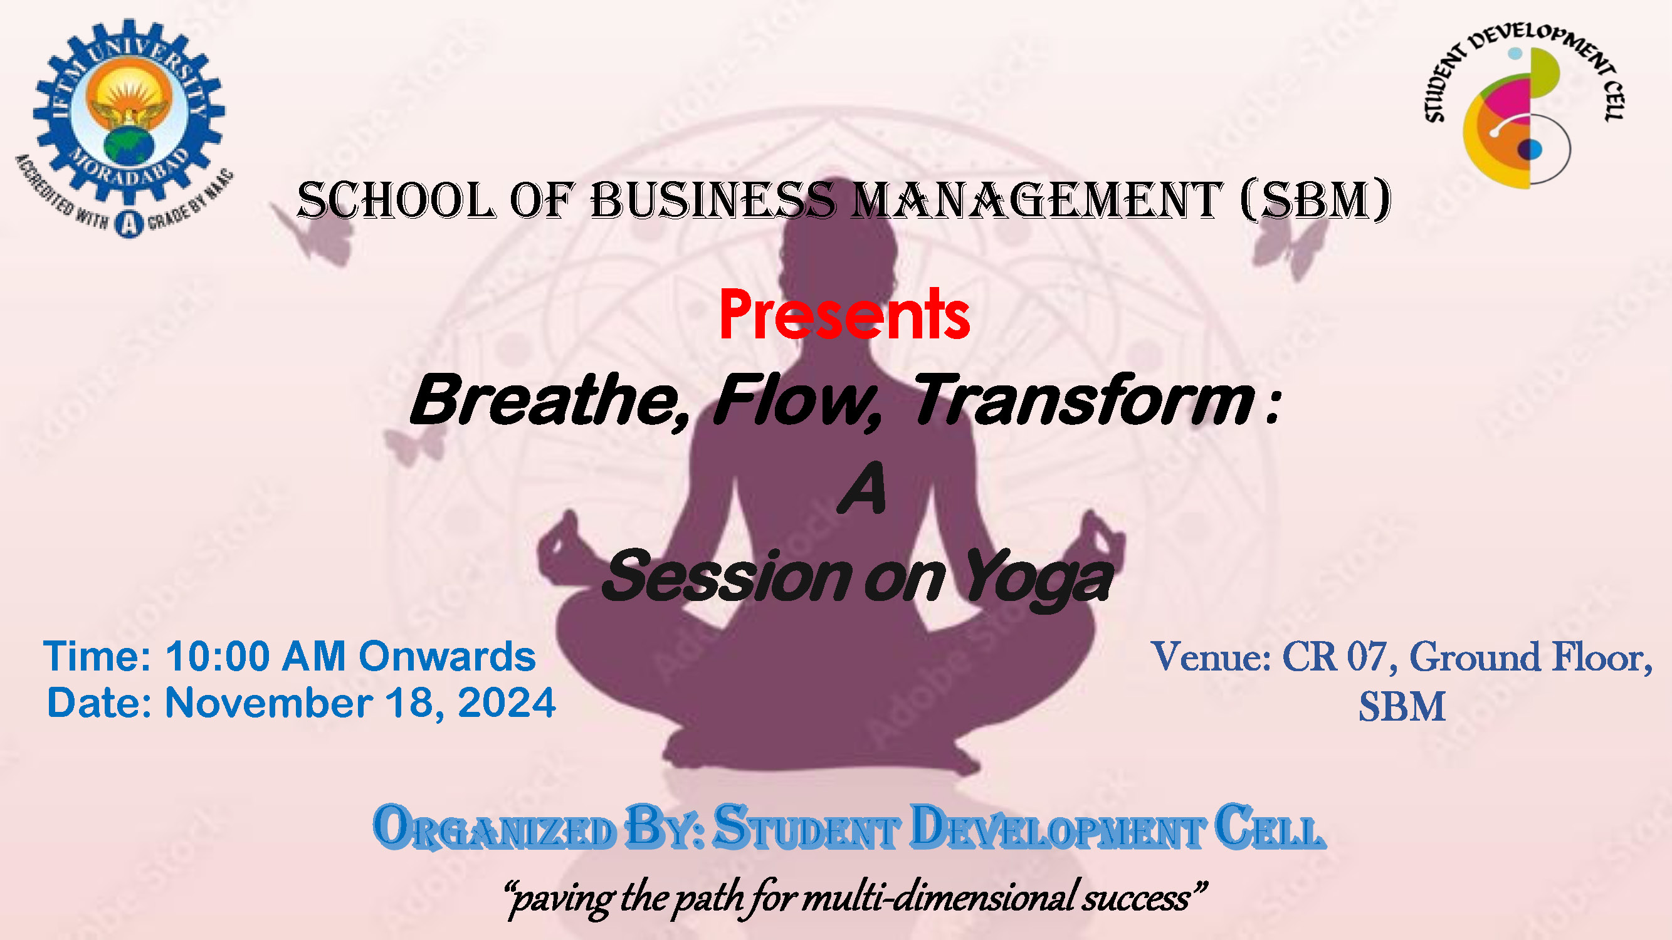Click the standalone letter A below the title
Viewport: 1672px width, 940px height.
(x=862, y=487)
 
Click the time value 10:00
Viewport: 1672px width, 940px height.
(x=218, y=656)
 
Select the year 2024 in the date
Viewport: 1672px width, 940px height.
(x=507, y=702)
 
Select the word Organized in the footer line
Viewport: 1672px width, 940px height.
(x=494, y=827)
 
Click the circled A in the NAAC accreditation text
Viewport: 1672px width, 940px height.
(x=129, y=224)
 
